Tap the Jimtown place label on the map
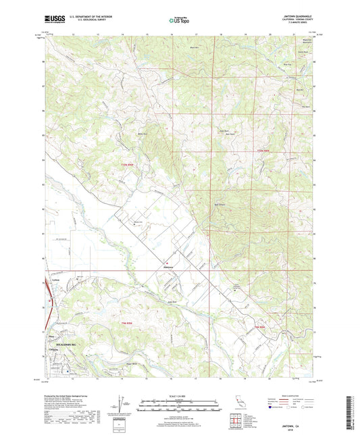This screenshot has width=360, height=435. coord(169,267)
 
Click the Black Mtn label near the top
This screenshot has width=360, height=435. coord(195,48)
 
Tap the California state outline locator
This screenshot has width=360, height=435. coord(241,402)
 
